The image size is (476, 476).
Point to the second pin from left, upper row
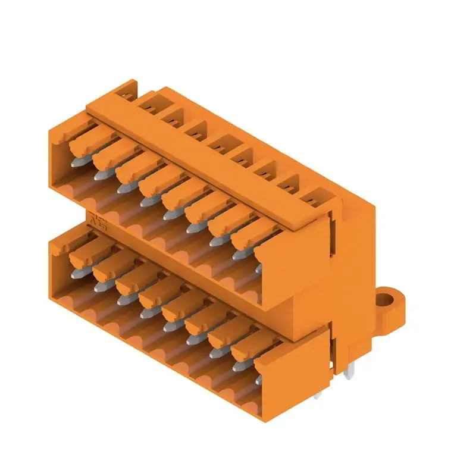tap(100, 173)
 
